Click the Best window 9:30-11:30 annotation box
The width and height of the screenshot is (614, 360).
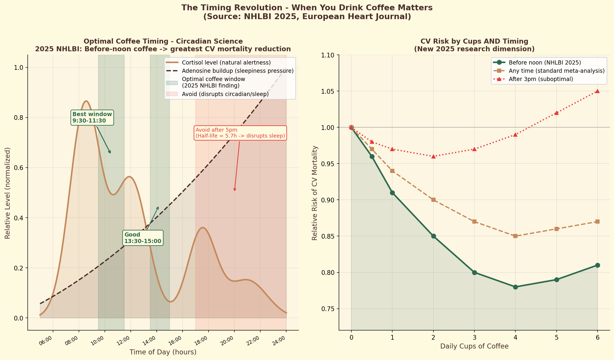pos(92,118)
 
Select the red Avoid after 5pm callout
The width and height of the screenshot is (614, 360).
pos(240,133)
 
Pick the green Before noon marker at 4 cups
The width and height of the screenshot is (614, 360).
pos(515,287)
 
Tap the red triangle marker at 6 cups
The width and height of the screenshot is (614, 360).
pos(597,91)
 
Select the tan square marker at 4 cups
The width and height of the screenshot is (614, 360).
pos(515,236)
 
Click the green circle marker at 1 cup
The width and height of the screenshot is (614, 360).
pos(392,193)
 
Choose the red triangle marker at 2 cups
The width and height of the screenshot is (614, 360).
pos(433,156)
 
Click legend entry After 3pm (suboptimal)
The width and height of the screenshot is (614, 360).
pos(541,79)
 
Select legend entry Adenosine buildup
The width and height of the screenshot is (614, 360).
pos(237,71)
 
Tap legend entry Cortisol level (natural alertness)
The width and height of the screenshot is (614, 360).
pos(226,63)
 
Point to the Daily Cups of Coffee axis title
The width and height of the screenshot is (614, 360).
pos(474,346)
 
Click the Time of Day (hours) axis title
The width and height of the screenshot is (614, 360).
pos(163,352)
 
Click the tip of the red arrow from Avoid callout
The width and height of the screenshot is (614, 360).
pos(234,191)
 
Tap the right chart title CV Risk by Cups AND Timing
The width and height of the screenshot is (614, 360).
pos(474,41)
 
